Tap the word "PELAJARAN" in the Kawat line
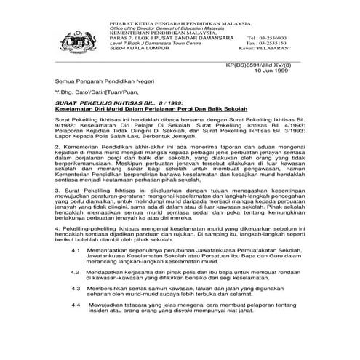click(x=281, y=49)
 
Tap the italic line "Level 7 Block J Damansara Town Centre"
click(x=155, y=44)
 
